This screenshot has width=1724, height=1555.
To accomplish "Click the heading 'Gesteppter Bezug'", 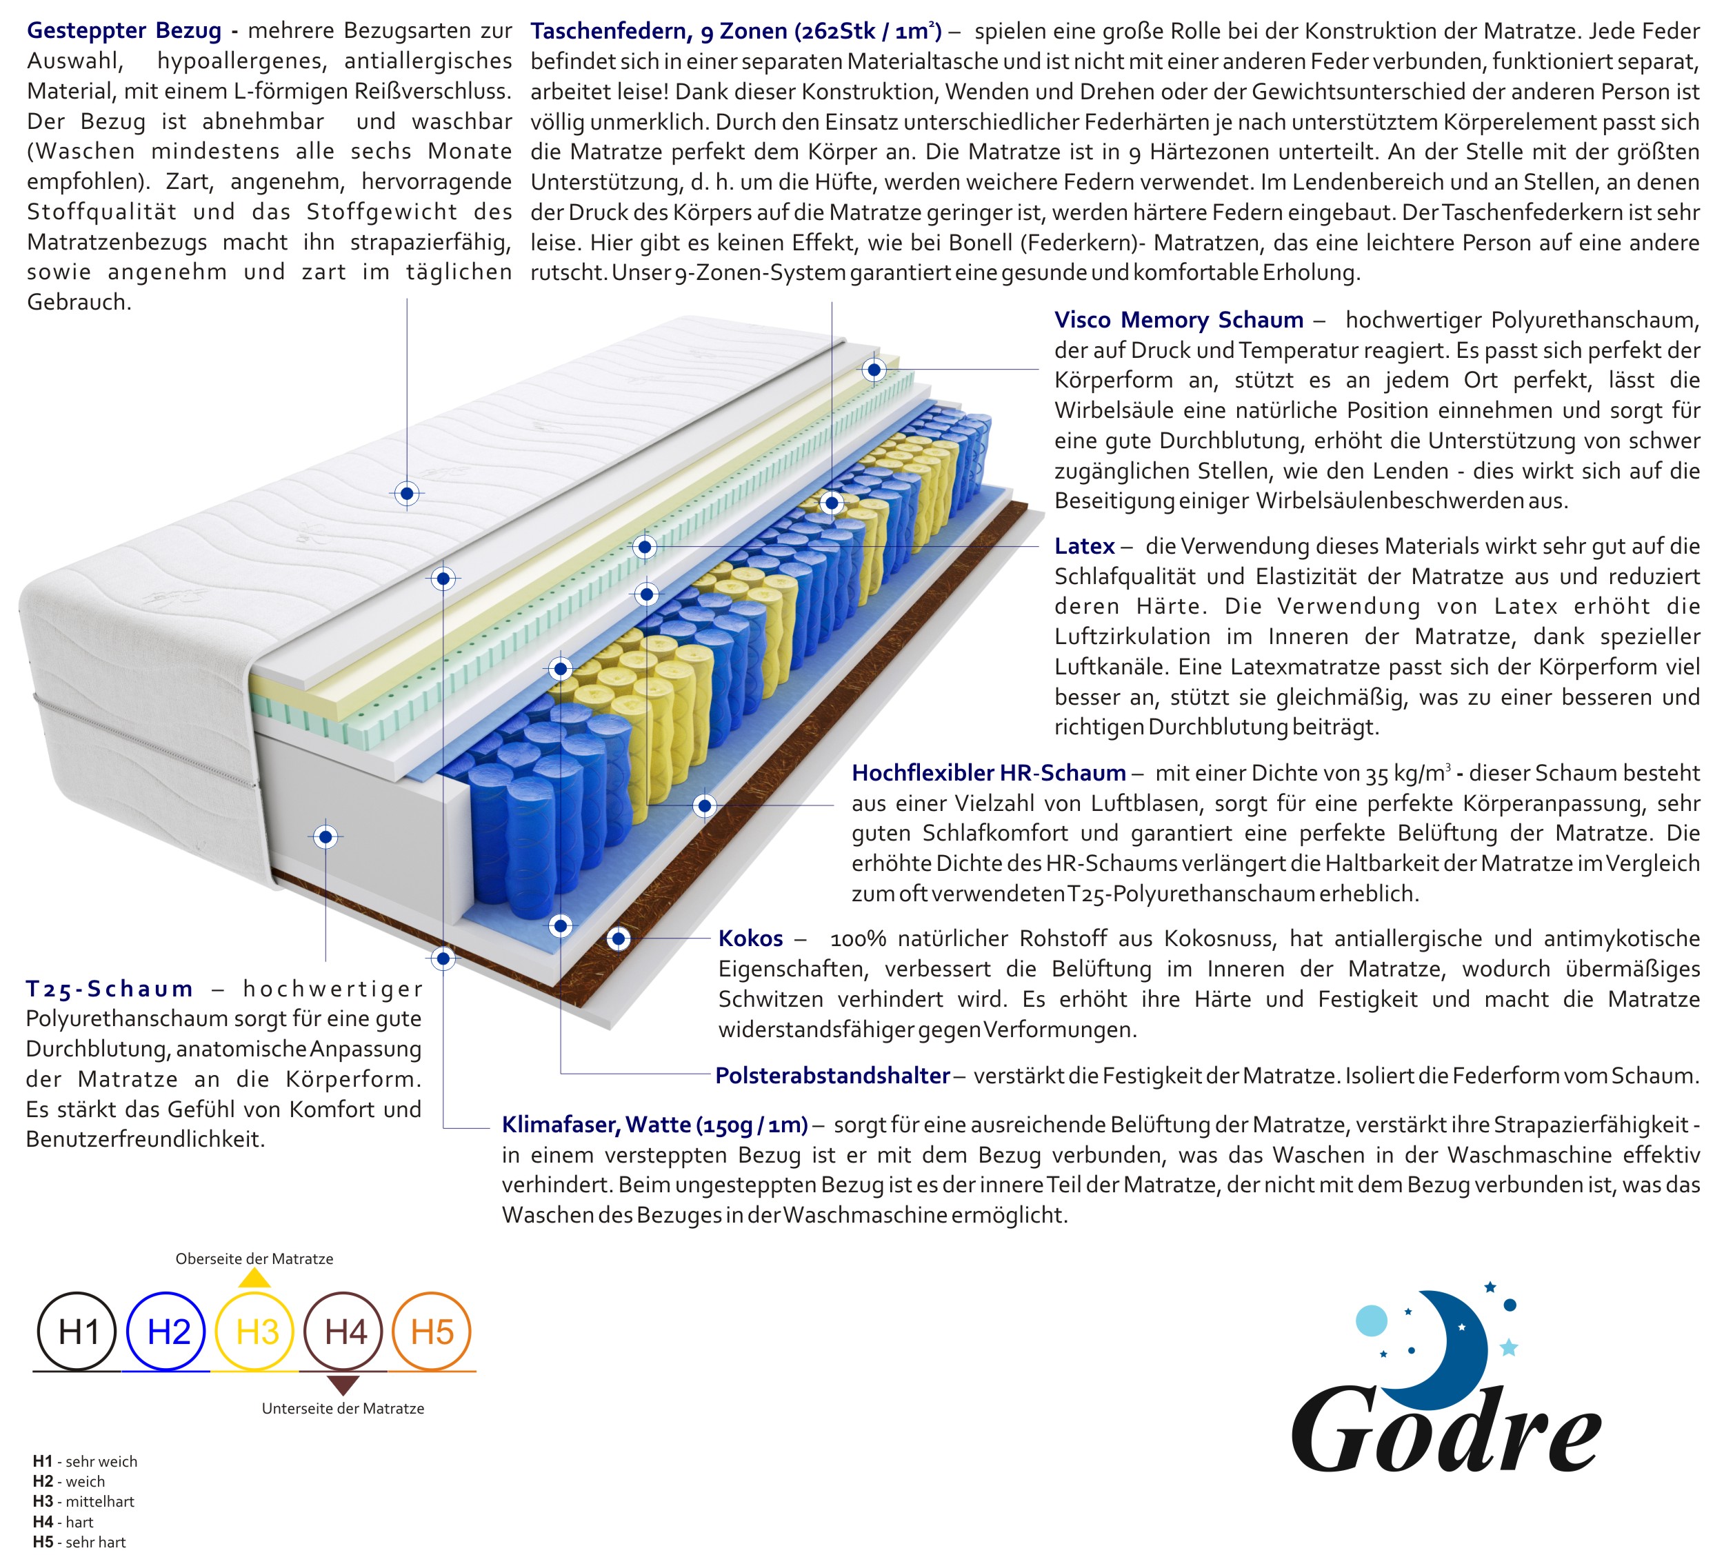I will pyautogui.click(x=124, y=31).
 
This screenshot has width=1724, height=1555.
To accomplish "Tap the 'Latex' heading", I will pyautogui.click(x=1084, y=546).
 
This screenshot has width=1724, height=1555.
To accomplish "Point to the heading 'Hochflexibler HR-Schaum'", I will pyautogui.click(x=988, y=772).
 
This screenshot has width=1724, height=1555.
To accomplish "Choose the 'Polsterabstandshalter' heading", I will pyautogui.click(x=832, y=1075).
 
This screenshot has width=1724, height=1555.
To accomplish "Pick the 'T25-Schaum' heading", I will pyautogui.click(x=110, y=989).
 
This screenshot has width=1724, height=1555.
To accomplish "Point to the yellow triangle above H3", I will pyautogui.click(x=254, y=1279).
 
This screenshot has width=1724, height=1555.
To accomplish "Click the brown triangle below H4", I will pyautogui.click(x=343, y=1384).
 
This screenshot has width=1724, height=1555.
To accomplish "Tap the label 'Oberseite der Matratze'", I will pyautogui.click(x=254, y=1258).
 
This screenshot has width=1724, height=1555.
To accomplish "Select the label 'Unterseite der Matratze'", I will pyautogui.click(x=343, y=1408).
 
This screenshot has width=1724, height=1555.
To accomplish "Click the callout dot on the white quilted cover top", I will pyautogui.click(x=407, y=493).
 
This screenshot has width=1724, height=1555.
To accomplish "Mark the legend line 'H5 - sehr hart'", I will pyautogui.click(x=79, y=1541).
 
